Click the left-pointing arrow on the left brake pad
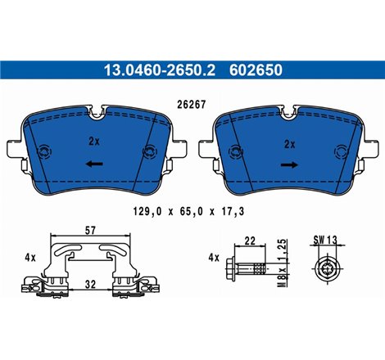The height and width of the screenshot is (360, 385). (94, 164)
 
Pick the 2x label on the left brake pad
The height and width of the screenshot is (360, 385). (94, 141)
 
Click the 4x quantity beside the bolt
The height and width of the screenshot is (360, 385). (215, 257)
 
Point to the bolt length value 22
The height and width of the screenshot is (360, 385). (251, 240)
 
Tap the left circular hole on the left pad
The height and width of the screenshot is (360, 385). (43, 151)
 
